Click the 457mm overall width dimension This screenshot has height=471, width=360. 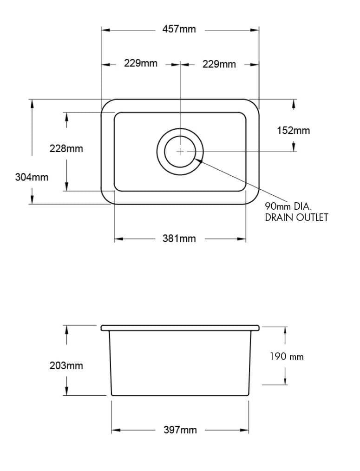coord(179,29)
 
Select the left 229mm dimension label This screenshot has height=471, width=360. coord(140,63)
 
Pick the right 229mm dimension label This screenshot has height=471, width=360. coord(219,64)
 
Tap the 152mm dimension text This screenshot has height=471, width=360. coord(293,131)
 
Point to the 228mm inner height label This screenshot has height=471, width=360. coord(66,149)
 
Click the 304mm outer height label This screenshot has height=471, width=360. coord(32,177)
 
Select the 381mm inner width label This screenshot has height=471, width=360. coord(179,239)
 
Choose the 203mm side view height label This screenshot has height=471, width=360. coord(66,366)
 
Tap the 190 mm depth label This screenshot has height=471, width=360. coord(287,357)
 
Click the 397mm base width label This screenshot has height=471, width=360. coord(180,430)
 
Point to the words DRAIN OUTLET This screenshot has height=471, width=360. coord(296,218)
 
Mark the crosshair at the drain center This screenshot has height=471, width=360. coord(180,152)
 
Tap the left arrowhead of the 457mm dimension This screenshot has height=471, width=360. coord(105,30)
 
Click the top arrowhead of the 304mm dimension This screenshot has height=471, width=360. coord(32,103)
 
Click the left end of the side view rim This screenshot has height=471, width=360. coord(102,328)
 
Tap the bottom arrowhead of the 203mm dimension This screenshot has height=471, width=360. coord(67,391)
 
